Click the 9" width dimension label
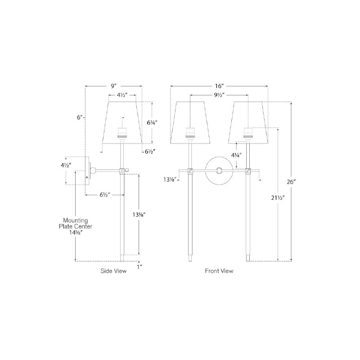[x=114, y=86]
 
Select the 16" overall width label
[x=219, y=86]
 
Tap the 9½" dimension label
[x=219, y=95]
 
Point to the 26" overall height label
[x=292, y=182]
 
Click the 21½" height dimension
[x=278, y=198]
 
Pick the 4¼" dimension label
[x=236, y=155]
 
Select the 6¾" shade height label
[x=152, y=122]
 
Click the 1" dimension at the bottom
[x=139, y=267]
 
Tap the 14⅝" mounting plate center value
[x=76, y=232]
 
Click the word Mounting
[x=76, y=220]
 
